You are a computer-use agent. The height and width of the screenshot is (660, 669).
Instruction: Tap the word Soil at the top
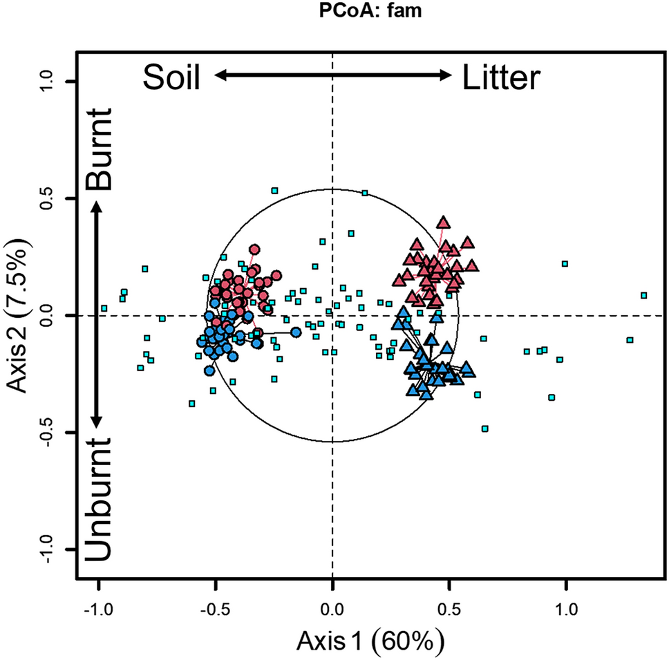point(171,78)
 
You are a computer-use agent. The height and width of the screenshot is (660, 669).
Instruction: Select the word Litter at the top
point(500,78)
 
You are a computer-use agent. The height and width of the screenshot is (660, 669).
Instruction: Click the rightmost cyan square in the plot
point(643,295)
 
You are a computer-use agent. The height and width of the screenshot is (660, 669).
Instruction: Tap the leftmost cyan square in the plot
point(104,308)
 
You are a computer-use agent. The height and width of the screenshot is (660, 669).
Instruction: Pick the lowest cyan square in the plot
point(484,428)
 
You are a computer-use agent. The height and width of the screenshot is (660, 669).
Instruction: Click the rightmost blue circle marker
point(296,332)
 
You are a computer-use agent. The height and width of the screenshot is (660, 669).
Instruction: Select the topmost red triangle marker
point(443,223)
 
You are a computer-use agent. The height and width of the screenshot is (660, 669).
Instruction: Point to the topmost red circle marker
point(254,249)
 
